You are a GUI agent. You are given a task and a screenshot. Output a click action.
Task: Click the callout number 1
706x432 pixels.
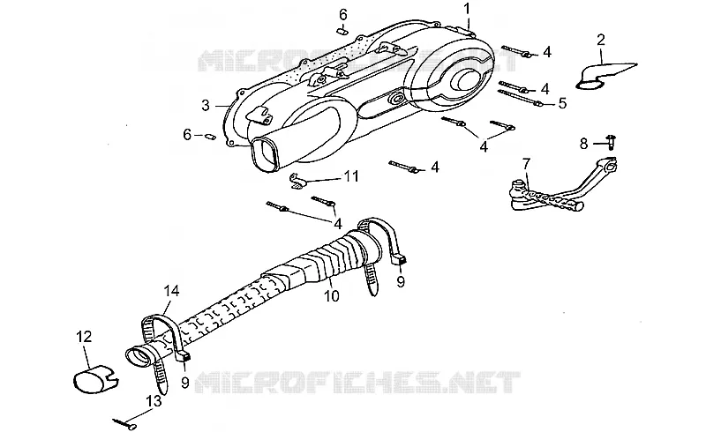[467, 8]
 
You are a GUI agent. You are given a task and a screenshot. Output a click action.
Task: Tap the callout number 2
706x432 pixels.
[601, 40]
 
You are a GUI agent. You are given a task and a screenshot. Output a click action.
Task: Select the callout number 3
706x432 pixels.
[206, 105]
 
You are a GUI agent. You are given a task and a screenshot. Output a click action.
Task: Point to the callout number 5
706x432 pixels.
[562, 103]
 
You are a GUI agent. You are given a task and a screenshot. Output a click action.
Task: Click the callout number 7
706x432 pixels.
[526, 164]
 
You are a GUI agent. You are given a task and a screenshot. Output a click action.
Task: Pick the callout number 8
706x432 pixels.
[583, 144]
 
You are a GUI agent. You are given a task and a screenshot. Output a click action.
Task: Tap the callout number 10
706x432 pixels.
[332, 295]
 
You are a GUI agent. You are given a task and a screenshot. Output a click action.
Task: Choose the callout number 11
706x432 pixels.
[351, 176]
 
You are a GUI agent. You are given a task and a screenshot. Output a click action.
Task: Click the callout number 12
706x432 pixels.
[84, 337]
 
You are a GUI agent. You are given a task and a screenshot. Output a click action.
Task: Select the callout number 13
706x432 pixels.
[154, 401]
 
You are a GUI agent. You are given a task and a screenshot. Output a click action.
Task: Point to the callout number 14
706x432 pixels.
[171, 291]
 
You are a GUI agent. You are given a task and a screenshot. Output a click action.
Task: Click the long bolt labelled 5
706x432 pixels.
[519, 98]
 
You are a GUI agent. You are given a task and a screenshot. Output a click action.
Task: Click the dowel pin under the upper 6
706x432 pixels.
[342, 31]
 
